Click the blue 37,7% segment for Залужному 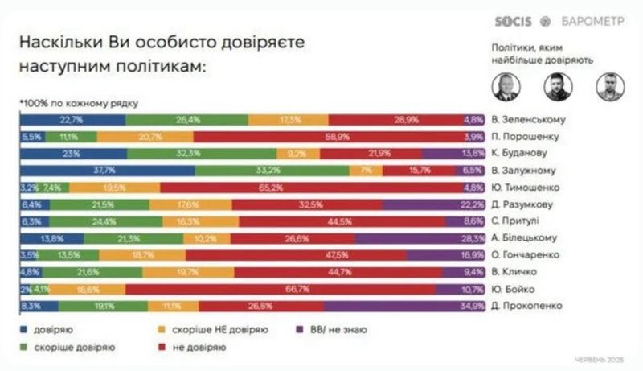(107, 170)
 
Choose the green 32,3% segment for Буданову (202, 153)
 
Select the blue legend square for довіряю (23, 330)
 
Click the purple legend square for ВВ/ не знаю (301, 330)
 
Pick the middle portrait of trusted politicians (559, 85)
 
